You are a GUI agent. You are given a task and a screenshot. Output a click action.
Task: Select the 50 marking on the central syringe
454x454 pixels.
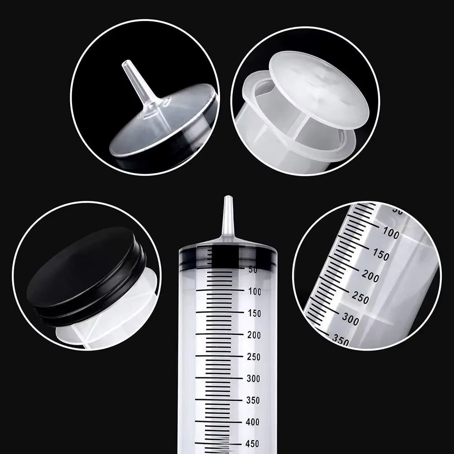(253, 269)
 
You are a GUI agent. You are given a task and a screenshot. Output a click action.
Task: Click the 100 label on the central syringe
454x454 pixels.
(254, 292)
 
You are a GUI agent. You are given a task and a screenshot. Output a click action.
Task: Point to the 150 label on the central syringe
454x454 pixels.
(254, 313)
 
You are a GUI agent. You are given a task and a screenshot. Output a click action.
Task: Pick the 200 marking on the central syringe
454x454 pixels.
(254, 335)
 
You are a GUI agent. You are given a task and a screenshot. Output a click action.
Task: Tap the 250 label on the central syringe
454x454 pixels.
(254, 357)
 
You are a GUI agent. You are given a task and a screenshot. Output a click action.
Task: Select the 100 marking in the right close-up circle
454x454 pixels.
(391, 234)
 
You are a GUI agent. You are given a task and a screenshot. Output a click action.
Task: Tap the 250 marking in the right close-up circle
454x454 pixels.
(360, 298)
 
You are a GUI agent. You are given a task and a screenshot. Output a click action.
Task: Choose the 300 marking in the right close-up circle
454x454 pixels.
(350, 319)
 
